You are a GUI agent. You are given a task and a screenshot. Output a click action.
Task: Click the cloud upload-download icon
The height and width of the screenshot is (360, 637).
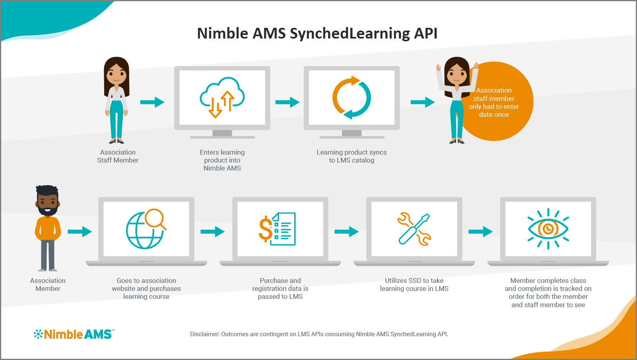(222, 98)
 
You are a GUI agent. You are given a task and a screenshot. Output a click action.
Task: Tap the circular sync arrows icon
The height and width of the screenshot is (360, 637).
(352, 98)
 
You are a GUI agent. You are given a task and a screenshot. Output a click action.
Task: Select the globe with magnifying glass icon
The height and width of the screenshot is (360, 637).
(146, 229)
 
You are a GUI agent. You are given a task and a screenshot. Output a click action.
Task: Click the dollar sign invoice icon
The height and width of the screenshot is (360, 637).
(277, 229)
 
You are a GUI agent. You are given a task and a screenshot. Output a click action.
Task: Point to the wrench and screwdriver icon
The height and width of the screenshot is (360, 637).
(414, 229)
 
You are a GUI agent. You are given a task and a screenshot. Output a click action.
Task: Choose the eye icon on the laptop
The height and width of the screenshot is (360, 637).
(548, 229)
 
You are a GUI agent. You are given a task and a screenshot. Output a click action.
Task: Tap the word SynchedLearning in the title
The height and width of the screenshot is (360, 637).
(350, 33)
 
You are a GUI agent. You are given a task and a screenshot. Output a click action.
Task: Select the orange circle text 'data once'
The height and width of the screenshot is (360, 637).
(494, 115)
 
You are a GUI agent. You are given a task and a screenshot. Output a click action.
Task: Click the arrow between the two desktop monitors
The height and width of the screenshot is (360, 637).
(287, 102)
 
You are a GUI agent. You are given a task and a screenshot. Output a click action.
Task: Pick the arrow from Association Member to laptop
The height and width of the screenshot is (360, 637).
(80, 231)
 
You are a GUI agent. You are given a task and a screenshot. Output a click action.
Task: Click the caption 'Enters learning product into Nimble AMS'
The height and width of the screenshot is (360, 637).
(222, 160)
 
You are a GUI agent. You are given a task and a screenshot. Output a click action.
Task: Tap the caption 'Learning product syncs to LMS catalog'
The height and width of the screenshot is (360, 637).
(352, 156)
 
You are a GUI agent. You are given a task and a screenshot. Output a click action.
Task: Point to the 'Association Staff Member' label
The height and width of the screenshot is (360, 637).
(118, 156)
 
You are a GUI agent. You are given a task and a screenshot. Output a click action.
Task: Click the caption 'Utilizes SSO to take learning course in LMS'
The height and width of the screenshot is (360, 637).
(414, 285)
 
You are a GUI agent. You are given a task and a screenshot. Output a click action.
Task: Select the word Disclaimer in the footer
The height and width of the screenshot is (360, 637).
(204, 334)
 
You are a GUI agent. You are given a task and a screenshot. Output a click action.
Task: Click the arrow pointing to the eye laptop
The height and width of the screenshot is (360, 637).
(480, 231)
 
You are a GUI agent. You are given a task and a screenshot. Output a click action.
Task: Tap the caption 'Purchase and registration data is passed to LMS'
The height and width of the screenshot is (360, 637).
(280, 288)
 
